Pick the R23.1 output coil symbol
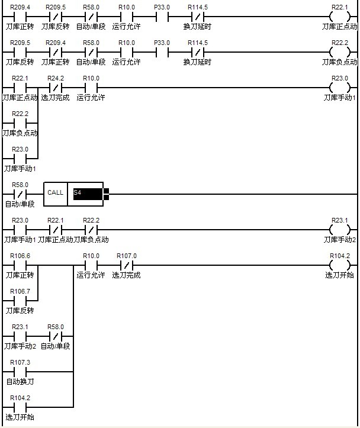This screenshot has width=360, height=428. coord(340,230)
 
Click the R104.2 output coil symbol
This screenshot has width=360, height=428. coord(340,265)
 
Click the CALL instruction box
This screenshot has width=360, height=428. coord(55,194)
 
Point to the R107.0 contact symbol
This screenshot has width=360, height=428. coord(127,265)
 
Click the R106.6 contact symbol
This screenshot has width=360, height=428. coord(20,265)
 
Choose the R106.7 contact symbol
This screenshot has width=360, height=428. coord(20,301)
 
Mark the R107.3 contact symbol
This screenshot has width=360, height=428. coord(20,372)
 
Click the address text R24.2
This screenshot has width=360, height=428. coord(56,78)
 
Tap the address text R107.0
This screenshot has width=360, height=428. coord(127,256)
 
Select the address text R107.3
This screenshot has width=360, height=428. coord(20,362)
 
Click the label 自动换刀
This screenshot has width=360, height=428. coord(20,381)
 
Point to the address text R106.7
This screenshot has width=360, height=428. coord(20,291)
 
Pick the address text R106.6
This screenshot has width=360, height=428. coord(20,256)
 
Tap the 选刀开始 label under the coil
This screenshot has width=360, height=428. coord(340,275)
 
